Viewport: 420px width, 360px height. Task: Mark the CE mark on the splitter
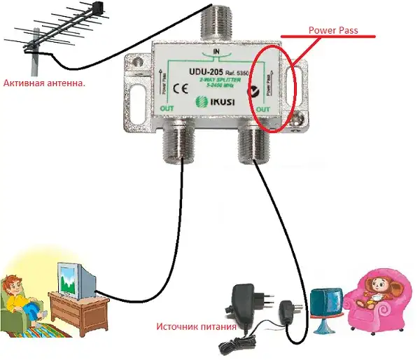pyautogui.click(x=178, y=88)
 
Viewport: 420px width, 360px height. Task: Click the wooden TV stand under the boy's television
pyautogui.click(x=84, y=312)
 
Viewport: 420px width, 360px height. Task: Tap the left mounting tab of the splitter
pyautogui.click(x=136, y=88)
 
